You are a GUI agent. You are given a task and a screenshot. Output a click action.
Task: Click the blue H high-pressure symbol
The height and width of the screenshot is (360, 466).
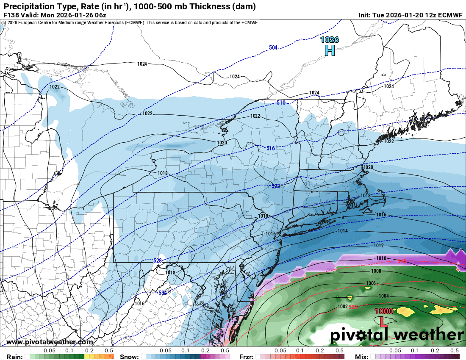(x=330, y=50)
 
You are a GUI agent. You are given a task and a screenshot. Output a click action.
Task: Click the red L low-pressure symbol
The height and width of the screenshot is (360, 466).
(x=383, y=321)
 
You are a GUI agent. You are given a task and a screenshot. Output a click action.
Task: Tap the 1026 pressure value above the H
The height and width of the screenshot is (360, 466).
(x=330, y=40)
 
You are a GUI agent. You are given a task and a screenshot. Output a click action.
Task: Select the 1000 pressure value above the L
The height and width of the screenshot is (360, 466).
(x=384, y=311)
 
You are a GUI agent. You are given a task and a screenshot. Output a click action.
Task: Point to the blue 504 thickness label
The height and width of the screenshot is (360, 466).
(x=273, y=48)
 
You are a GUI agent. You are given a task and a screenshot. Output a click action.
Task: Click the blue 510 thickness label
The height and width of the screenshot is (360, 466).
(x=281, y=103)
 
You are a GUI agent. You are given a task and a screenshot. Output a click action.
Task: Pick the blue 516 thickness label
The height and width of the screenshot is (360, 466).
(x=271, y=148)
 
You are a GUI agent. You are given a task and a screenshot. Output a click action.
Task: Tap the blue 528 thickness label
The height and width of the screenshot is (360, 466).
(x=158, y=260)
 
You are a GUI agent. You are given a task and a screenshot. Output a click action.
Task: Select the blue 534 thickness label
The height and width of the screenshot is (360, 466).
(x=162, y=292)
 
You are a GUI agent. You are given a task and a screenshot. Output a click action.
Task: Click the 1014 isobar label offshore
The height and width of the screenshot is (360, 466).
(x=343, y=231)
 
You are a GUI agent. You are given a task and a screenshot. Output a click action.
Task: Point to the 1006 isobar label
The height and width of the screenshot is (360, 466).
(x=371, y=283)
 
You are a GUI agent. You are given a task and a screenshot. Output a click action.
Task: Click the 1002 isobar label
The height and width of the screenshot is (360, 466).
(x=343, y=307)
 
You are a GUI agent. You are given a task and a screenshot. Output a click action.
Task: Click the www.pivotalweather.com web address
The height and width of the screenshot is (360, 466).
(x=50, y=342)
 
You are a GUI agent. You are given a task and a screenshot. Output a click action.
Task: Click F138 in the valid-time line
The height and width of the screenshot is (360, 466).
(x=10, y=15)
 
